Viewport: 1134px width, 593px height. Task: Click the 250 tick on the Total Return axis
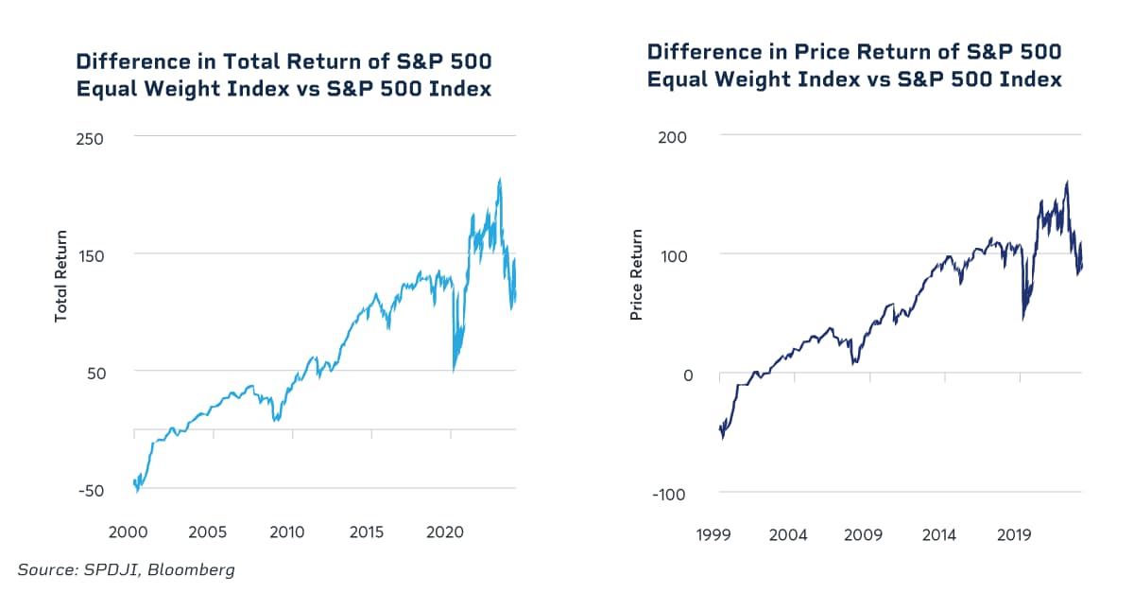90,137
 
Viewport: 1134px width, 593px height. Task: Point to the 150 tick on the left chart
90,254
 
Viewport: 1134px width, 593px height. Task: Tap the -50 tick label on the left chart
90,490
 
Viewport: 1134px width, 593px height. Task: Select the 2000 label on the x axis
128,532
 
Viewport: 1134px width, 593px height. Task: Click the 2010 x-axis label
287,532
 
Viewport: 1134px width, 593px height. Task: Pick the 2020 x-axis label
446,532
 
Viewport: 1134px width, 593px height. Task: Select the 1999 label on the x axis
713,535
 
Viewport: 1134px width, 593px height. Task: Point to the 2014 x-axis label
938,535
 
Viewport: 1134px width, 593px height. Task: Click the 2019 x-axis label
1014,535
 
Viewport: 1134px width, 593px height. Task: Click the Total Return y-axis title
61,276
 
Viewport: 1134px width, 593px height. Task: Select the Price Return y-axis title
636,275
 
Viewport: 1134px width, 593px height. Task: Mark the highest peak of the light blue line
499,179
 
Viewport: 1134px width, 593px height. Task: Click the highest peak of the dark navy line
1067,183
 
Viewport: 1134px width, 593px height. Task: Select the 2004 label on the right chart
788,535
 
